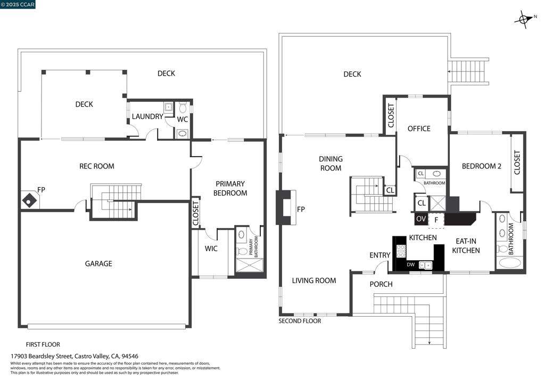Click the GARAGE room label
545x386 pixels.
[98, 264]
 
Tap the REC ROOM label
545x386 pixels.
[97, 166]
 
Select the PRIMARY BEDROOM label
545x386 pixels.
[230, 188]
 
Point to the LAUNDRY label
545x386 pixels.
[147, 116]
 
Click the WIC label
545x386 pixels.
[211, 248]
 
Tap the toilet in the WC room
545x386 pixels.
[183, 107]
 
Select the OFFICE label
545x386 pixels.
[419, 129]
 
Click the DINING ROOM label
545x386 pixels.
[331, 164]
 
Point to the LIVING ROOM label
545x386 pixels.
[314, 280]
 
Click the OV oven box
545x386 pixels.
[421, 219]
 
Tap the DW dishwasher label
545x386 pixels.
[410, 264]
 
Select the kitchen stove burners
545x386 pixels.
[401, 251]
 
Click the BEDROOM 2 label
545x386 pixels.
[481, 166]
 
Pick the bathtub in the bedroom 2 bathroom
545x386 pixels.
[508, 263]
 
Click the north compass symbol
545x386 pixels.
[525, 19]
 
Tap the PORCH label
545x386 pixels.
[381, 284]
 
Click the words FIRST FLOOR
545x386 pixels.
[43, 344]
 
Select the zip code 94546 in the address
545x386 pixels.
[130, 357]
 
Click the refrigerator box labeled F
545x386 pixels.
[436, 220]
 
